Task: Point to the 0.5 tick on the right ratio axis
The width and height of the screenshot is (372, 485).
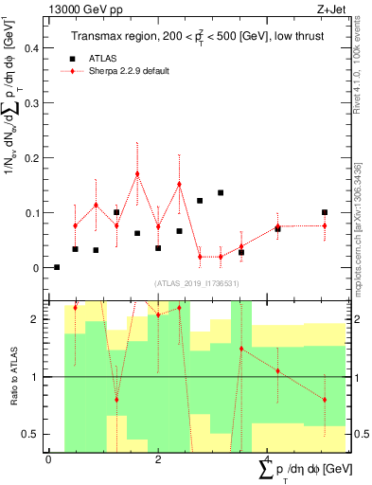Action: click(x=361, y=434)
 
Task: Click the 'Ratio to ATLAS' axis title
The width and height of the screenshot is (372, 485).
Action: click(x=12, y=375)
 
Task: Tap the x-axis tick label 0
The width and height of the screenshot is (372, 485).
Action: click(x=48, y=459)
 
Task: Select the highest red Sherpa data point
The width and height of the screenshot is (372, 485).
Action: click(x=137, y=173)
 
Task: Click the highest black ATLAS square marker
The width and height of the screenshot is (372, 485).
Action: click(x=221, y=192)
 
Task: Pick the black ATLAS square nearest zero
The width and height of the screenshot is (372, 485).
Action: click(x=57, y=267)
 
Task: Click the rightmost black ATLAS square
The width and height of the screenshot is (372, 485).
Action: click(x=325, y=212)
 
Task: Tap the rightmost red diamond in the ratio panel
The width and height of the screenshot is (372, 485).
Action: click(x=325, y=400)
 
